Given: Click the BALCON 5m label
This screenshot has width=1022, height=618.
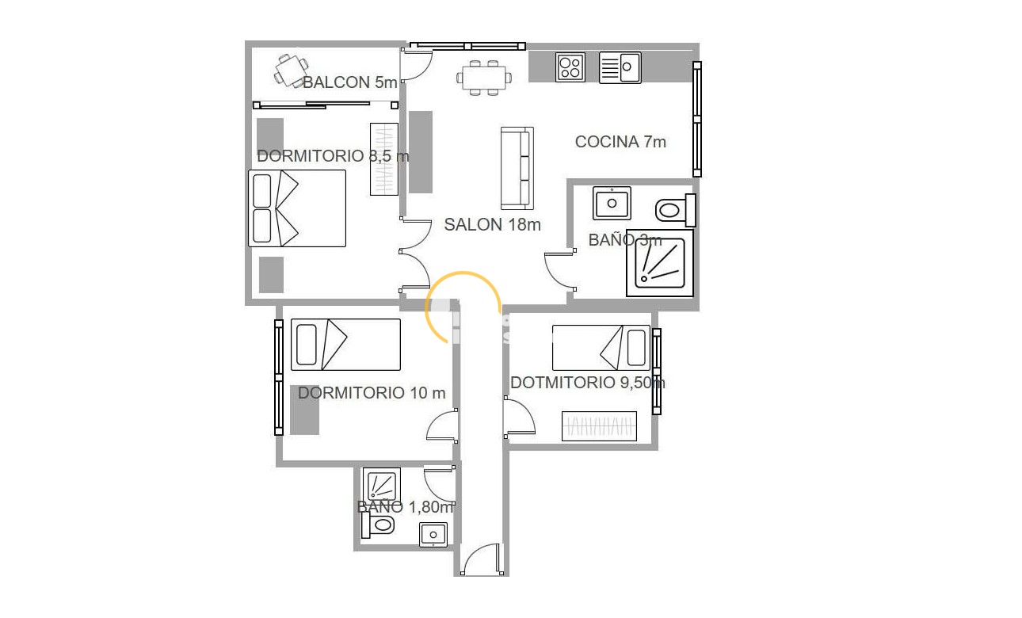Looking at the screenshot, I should [x=349, y=82].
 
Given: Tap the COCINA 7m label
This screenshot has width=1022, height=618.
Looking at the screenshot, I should [x=620, y=142].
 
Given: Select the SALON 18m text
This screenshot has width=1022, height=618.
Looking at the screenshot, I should [x=492, y=225].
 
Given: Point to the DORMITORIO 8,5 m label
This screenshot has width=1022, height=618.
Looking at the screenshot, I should [x=333, y=156].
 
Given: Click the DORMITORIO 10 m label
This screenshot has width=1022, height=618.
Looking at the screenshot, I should [x=372, y=393].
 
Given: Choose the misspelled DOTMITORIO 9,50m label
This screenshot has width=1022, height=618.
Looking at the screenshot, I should [x=587, y=383].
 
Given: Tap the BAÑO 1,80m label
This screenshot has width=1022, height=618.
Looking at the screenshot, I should [x=405, y=507].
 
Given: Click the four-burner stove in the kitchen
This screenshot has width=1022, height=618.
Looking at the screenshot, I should [x=570, y=67].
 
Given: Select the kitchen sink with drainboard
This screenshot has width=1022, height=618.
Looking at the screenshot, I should [x=620, y=67].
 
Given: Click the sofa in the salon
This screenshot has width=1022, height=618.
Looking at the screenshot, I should [x=517, y=168].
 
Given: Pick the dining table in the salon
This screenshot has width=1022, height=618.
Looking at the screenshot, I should [x=482, y=78].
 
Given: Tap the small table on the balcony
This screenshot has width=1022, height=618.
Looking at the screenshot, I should [x=290, y=70].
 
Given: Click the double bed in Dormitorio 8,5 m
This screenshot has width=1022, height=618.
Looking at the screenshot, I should [x=297, y=208].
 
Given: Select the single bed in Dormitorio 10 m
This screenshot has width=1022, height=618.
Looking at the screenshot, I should [x=345, y=345].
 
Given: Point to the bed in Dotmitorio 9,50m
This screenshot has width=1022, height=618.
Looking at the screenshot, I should [x=601, y=347].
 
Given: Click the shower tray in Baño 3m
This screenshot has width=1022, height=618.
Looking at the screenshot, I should [x=660, y=263].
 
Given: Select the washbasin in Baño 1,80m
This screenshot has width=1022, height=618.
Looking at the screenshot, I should [x=433, y=534].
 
